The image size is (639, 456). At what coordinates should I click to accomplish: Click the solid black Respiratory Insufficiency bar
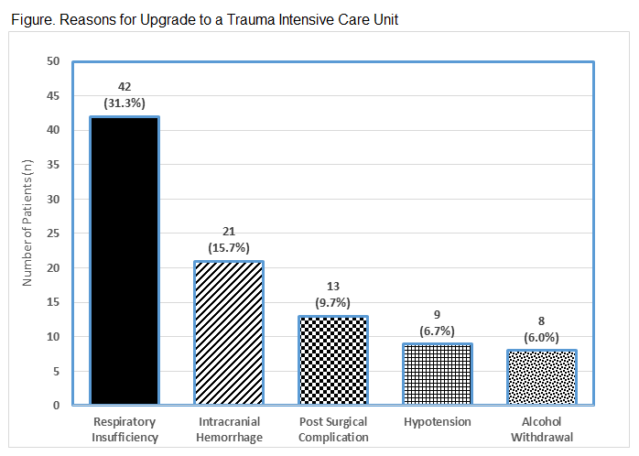coord(124,261)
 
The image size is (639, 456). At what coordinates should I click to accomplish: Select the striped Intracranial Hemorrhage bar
coord(229,332)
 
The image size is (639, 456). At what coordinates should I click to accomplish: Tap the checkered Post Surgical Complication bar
coord(333,360)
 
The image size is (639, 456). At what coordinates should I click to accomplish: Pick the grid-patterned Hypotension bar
coord(438,374)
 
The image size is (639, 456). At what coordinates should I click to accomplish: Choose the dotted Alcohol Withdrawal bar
coord(542,377)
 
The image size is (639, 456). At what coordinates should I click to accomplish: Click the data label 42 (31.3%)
coord(124,94)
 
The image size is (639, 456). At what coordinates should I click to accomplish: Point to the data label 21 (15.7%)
coord(229,240)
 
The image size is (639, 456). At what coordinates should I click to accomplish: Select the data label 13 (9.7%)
coord(333,295)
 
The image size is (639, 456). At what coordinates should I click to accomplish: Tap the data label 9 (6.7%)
coord(438,322)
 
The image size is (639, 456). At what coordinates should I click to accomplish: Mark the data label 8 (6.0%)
coord(542,330)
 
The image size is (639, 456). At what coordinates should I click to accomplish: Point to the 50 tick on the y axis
coord(53,61)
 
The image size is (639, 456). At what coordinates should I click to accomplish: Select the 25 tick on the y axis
coord(53,233)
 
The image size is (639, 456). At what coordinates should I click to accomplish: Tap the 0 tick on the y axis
coord(56,405)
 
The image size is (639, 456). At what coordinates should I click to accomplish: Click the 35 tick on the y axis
coord(53,165)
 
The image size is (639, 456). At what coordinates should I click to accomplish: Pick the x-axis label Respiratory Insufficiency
coord(124,429)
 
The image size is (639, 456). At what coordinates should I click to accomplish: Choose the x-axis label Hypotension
coord(438,422)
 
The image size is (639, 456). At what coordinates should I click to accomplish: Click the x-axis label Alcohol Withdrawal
coord(542,429)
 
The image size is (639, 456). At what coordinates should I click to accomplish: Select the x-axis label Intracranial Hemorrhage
coord(229,429)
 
